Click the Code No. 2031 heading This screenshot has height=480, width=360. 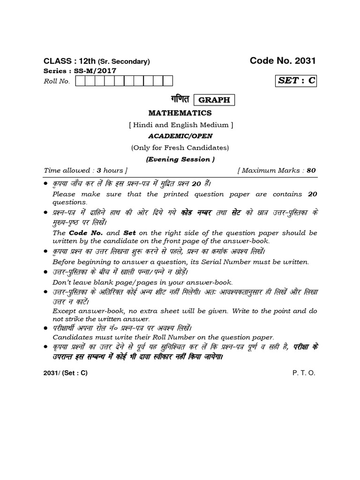283,60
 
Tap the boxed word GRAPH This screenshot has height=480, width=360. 214,100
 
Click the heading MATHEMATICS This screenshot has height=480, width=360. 180,113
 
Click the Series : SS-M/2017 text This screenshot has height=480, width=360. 79,70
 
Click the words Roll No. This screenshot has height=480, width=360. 57,82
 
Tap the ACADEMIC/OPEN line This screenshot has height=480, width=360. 180,136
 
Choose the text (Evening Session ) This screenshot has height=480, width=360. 180,159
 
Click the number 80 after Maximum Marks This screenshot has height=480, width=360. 311,171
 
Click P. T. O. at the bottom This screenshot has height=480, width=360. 304,373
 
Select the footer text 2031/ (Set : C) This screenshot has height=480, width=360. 66,373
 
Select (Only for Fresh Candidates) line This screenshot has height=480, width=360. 180,148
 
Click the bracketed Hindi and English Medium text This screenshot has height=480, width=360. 180,125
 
